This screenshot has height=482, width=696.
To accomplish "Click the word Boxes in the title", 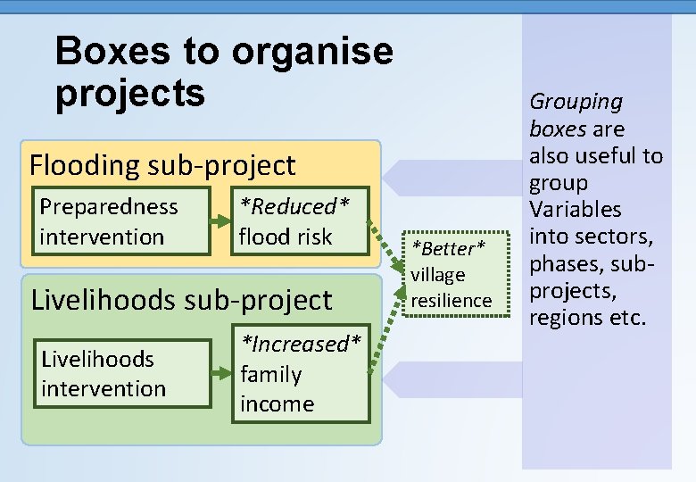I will [x=113, y=51].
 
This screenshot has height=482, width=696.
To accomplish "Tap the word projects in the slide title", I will [x=130, y=92].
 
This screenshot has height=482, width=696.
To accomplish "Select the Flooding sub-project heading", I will [x=162, y=165].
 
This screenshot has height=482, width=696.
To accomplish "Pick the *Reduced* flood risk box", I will [x=298, y=221].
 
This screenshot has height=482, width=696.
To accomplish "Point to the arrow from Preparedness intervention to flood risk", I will [x=220, y=221].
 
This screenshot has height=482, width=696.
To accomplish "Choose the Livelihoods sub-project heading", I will [x=181, y=299].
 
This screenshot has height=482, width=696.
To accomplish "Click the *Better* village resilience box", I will [x=451, y=273].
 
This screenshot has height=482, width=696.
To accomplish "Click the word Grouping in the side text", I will [x=576, y=103].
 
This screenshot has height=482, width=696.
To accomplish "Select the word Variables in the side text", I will [x=575, y=210].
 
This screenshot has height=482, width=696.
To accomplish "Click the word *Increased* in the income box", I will [x=303, y=344].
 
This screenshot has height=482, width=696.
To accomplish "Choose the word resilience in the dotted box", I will [x=451, y=300].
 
